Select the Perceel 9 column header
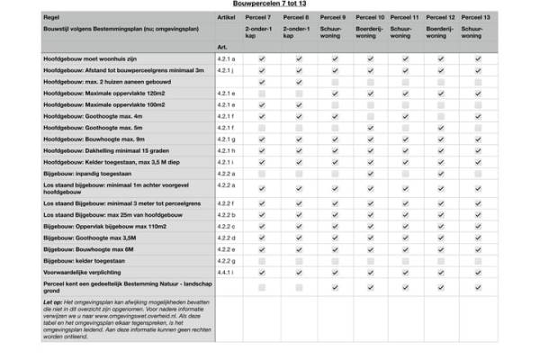coord(332,17)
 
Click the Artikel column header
coord(228,17)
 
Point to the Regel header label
coord(52,17)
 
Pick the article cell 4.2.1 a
coord(226,58)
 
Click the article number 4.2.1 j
coord(226,69)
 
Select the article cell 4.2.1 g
coord(226,139)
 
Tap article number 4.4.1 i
coord(226,271)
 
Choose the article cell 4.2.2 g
coord(226,259)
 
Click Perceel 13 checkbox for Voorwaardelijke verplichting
coord(478,271)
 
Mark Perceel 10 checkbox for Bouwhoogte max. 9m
coord(370,139)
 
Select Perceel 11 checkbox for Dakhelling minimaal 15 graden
coord(406,150)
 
